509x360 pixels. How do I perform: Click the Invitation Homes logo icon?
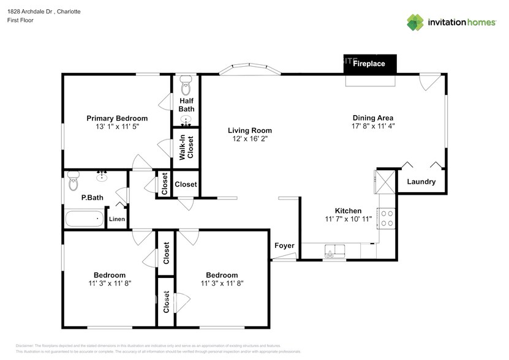pos(415,22)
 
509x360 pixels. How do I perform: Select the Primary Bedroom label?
pos(117,118)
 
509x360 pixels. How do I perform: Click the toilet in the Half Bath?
pos(186,82)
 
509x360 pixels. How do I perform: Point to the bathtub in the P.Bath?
pos(85,219)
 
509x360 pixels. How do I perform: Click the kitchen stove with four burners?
pos(387,218)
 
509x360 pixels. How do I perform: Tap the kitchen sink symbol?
pos(334,251)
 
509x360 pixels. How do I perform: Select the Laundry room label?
pos(421,182)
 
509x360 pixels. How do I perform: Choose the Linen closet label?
pos(117,219)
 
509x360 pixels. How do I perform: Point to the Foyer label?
pos(284,246)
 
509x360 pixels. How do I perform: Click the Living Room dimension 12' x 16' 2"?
pos(249,139)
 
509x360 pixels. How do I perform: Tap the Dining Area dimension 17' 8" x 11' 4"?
pos(372,127)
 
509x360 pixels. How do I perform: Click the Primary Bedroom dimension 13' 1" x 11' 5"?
pos(117,127)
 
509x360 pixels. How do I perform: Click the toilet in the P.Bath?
pos(74,181)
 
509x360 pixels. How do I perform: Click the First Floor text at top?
pos(20,20)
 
